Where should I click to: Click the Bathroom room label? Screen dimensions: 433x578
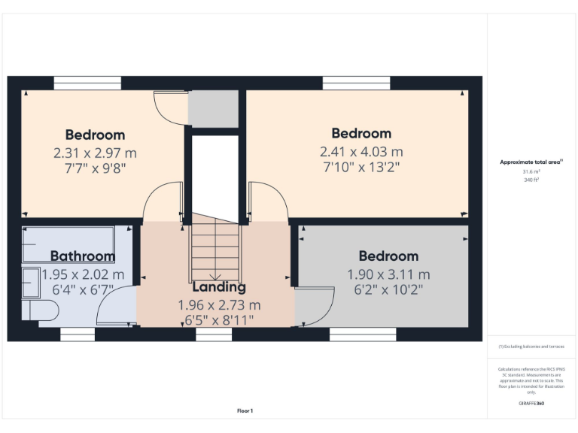click(x=83, y=256)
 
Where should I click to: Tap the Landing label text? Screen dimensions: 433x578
click(x=218, y=286)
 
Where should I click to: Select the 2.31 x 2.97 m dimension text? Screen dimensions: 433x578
click(x=95, y=153)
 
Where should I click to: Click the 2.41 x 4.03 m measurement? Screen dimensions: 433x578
click(x=361, y=151)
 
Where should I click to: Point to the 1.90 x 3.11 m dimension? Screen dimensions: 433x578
click(x=388, y=274)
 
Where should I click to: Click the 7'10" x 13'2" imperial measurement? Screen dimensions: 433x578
click(x=361, y=167)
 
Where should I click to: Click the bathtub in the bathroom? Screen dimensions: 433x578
click(x=68, y=244)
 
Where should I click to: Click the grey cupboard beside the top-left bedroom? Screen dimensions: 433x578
click(x=213, y=109)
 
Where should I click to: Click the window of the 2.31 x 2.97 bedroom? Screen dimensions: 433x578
click(x=87, y=83)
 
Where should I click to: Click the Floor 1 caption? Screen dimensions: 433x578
click(x=245, y=410)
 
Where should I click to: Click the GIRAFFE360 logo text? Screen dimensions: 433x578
click(x=531, y=404)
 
